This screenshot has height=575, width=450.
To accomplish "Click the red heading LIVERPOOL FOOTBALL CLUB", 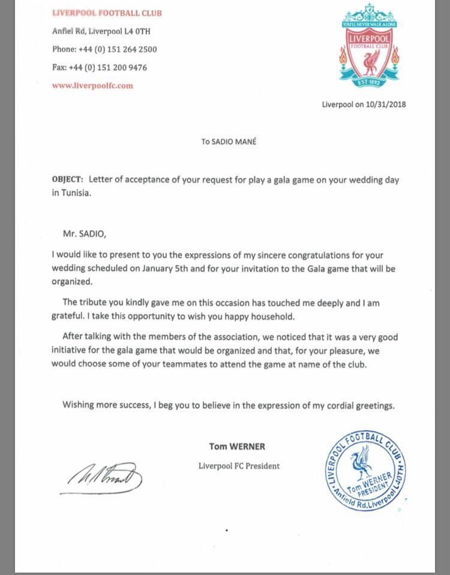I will (107, 13).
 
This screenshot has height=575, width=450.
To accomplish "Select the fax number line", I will (100, 67).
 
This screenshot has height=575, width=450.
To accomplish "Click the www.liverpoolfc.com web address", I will (92, 85).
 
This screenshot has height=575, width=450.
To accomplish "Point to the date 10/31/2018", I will (386, 104).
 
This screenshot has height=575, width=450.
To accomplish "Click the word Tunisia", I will (75, 194).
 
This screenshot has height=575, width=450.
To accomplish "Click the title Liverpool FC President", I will (239, 466).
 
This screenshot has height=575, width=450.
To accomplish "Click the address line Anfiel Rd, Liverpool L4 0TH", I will (98, 31).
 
